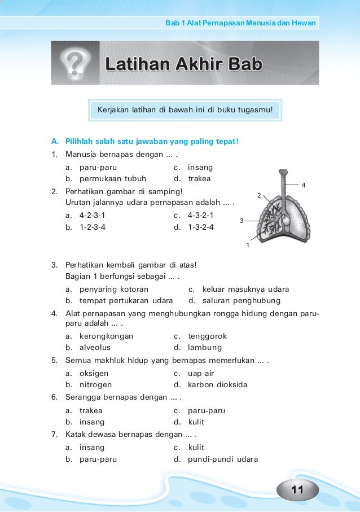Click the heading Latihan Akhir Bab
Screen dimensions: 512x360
183,65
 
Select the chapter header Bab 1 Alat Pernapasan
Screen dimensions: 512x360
240,23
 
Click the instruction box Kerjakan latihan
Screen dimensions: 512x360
185,108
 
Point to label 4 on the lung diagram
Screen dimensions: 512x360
304,185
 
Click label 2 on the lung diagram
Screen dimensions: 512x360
258,195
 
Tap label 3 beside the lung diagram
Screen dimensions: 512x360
242,221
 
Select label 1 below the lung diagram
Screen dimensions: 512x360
247,246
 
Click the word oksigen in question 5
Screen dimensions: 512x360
94,373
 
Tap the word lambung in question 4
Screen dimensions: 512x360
205,348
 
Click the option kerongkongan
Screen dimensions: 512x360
106,336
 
